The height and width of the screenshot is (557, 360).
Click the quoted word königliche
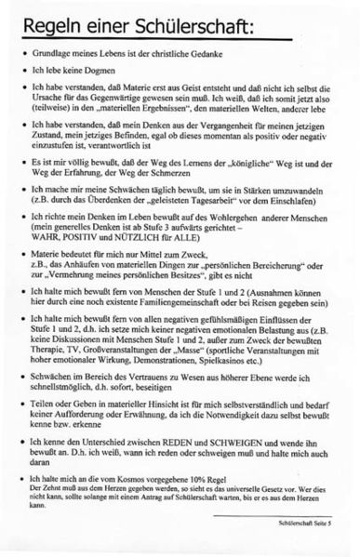coord(234,185)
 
